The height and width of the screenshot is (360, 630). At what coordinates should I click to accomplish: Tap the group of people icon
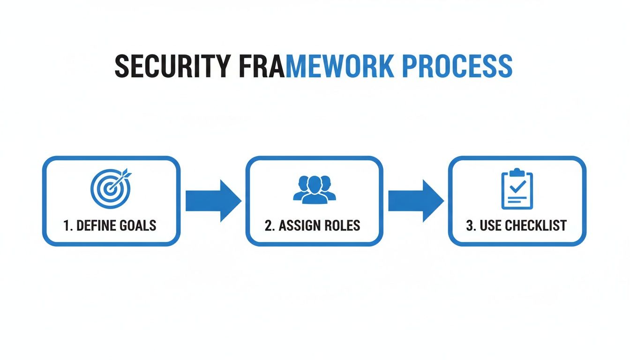pos(315,189)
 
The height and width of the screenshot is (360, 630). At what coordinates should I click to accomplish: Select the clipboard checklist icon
pos(517,189)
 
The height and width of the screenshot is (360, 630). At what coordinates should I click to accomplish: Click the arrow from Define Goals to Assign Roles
pos(213,201)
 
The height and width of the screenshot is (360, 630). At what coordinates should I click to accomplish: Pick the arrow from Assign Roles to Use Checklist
pos(415,201)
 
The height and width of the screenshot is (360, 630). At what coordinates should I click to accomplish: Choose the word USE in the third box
pos(491,225)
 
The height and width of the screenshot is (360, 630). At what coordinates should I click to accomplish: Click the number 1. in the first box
pos(67,225)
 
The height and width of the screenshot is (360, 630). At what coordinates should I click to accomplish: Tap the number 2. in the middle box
pos(270,225)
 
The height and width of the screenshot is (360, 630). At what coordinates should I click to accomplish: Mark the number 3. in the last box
pos(471,225)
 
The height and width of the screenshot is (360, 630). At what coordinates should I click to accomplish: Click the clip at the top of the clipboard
pos(517,172)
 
